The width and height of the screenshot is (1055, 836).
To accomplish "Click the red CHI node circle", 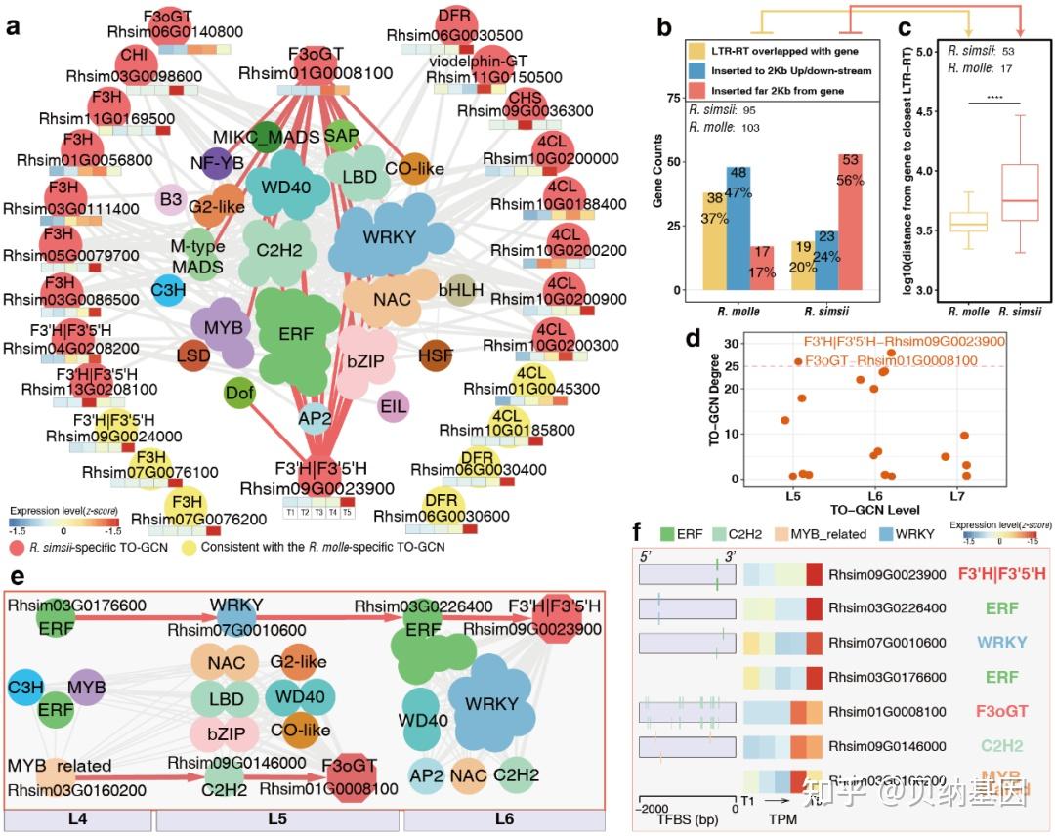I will point(134,56).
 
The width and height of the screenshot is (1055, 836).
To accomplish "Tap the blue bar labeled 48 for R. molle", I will point(738,229).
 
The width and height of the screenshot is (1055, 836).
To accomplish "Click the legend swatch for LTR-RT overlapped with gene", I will point(698,51).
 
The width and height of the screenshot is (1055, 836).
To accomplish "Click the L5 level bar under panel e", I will point(277,817).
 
